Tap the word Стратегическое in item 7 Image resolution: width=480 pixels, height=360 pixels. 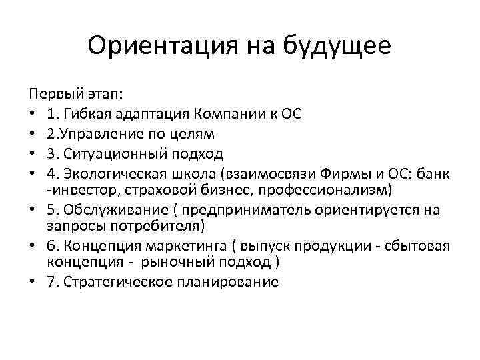125,281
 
